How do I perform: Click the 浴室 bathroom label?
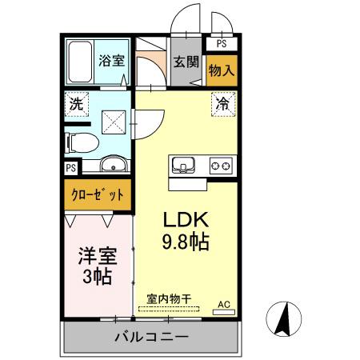(110, 60)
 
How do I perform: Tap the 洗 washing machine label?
(76, 104)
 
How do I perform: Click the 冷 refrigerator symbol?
(222, 103)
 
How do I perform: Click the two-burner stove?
(220, 166)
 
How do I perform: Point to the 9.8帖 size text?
(187, 241)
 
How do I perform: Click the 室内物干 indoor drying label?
(168, 298)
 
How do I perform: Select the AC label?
(225, 305)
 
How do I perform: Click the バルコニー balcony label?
(150, 336)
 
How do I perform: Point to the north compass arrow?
(282, 320)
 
